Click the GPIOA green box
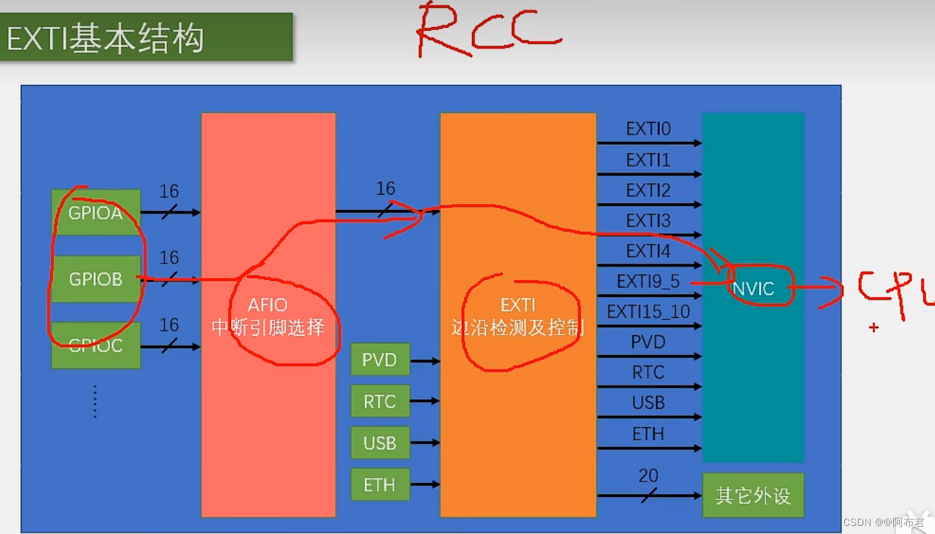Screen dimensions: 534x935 click(96, 213)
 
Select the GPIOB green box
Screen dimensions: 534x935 click(96, 279)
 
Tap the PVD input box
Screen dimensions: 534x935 click(380, 360)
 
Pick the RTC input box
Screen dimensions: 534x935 click(380, 401)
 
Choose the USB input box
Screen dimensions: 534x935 click(380, 443)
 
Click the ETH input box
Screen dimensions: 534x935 click(380, 485)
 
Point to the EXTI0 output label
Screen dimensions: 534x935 click(648, 129)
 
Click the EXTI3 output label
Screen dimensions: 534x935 click(648, 221)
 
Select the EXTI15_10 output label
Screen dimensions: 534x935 click(648, 312)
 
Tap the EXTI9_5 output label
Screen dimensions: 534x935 click(648, 281)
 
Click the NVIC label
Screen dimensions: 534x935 click(753, 289)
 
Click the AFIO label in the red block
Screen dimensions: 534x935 click(268, 305)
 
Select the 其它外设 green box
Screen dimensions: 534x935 click(753, 496)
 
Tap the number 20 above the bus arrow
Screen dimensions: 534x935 click(648, 476)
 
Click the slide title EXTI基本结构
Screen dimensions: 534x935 click(105, 39)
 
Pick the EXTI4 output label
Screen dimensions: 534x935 click(648, 251)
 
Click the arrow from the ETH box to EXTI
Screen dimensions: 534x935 click(425, 484)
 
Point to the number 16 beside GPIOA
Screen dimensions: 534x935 click(169, 192)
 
